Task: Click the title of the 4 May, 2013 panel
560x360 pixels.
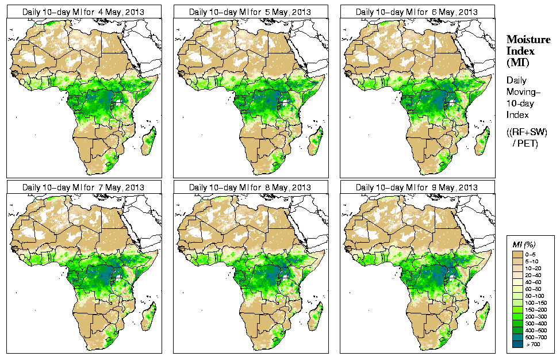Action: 84,12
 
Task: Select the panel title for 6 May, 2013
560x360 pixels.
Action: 417,12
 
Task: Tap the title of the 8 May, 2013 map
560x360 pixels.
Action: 251,187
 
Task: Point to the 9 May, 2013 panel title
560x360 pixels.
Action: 417,187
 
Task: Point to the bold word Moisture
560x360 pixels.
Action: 527,40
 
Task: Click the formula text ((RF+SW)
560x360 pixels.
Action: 527,132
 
